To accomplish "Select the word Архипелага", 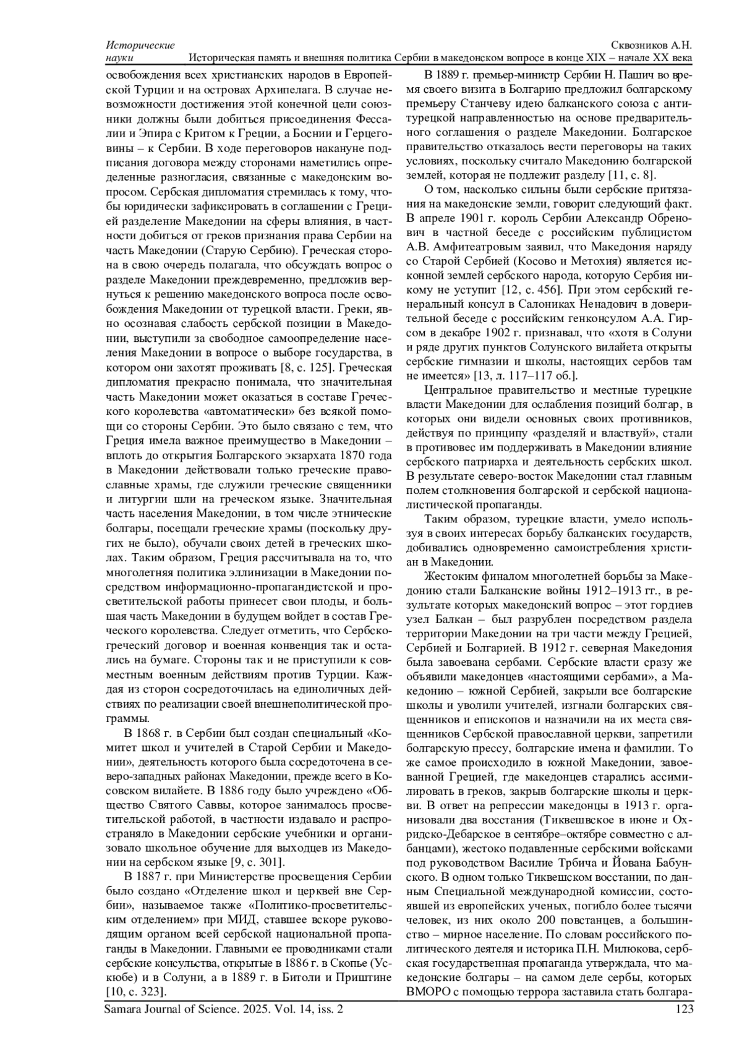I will pos(284,90).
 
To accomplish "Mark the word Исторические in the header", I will pos(140,46).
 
